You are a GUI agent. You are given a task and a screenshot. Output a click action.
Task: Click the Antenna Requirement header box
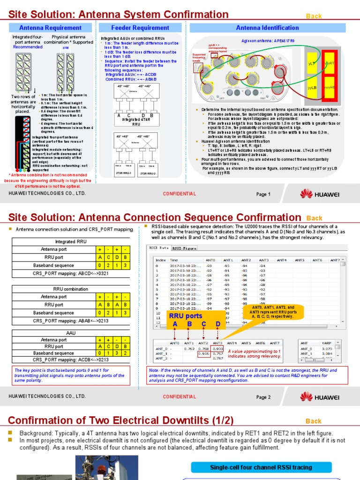coord(50,28)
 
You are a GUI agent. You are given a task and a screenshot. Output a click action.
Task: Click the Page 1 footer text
coord(263,195)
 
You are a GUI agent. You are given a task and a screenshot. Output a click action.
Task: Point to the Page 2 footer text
coord(263,397)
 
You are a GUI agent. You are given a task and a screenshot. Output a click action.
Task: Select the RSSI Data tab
coord(158,248)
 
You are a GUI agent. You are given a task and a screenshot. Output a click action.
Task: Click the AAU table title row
coord(71,332)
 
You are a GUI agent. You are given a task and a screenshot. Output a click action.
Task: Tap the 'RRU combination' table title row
coord(71,289)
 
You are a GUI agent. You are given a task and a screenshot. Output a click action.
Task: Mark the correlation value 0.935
coord(204,354)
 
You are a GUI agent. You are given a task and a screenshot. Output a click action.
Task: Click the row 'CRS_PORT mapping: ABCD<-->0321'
coord(71,273)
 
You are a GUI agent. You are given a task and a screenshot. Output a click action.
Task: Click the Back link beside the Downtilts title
coord(314,421)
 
